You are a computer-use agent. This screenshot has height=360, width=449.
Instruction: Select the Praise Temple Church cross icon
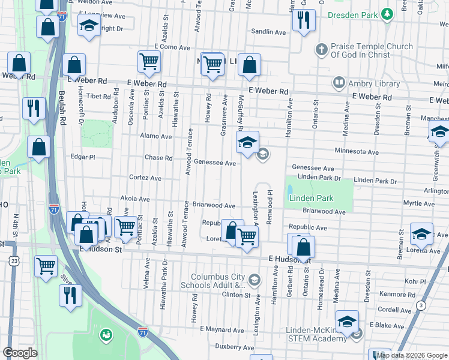pyautogui.click(x=322, y=49)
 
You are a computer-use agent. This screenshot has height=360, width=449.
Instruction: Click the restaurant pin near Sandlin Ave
pyautogui.click(x=304, y=20)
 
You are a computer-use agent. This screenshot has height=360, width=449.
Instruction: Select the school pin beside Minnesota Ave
pyautogui.click(x=247, y=143)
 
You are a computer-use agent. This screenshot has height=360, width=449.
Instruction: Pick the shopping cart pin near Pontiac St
pyautogui.click(x=125, y=227)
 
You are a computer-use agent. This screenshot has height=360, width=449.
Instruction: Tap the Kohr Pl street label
pyautogui.click(x=398, y=281)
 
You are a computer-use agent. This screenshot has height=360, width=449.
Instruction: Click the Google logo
pyautogui.click(x=20, y=353)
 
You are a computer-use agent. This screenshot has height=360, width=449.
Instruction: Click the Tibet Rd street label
pyautogui.click(x=98, y=96)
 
